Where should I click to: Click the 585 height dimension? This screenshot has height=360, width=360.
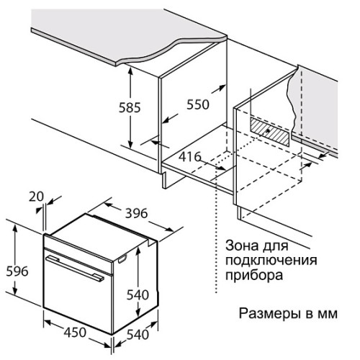coord(130,107)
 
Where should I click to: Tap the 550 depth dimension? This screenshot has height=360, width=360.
coord(198,104)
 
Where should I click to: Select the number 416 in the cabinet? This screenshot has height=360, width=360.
coord(189,157)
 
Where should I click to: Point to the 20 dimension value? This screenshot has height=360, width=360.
coord(36,197)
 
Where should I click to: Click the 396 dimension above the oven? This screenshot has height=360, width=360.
coord(136,213)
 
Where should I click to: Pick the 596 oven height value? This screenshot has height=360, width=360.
coord(17,271)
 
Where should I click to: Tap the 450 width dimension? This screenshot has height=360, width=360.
coord(75,333)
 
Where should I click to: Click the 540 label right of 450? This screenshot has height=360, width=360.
coord(138,335)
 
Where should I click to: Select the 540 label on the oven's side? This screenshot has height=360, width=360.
coord(138,294)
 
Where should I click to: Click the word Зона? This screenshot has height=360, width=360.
coord(242,246)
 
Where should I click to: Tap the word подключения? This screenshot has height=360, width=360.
coord(271,261)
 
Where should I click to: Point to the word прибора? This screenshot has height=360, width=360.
coord(254,276)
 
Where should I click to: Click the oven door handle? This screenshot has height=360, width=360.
coord(75,268)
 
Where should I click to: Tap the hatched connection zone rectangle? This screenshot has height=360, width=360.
coord(270,132)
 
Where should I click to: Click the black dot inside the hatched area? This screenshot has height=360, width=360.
coord(268,131)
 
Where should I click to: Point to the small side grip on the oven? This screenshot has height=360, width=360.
coord(122,259)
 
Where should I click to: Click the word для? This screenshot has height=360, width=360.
coord(275,246)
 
